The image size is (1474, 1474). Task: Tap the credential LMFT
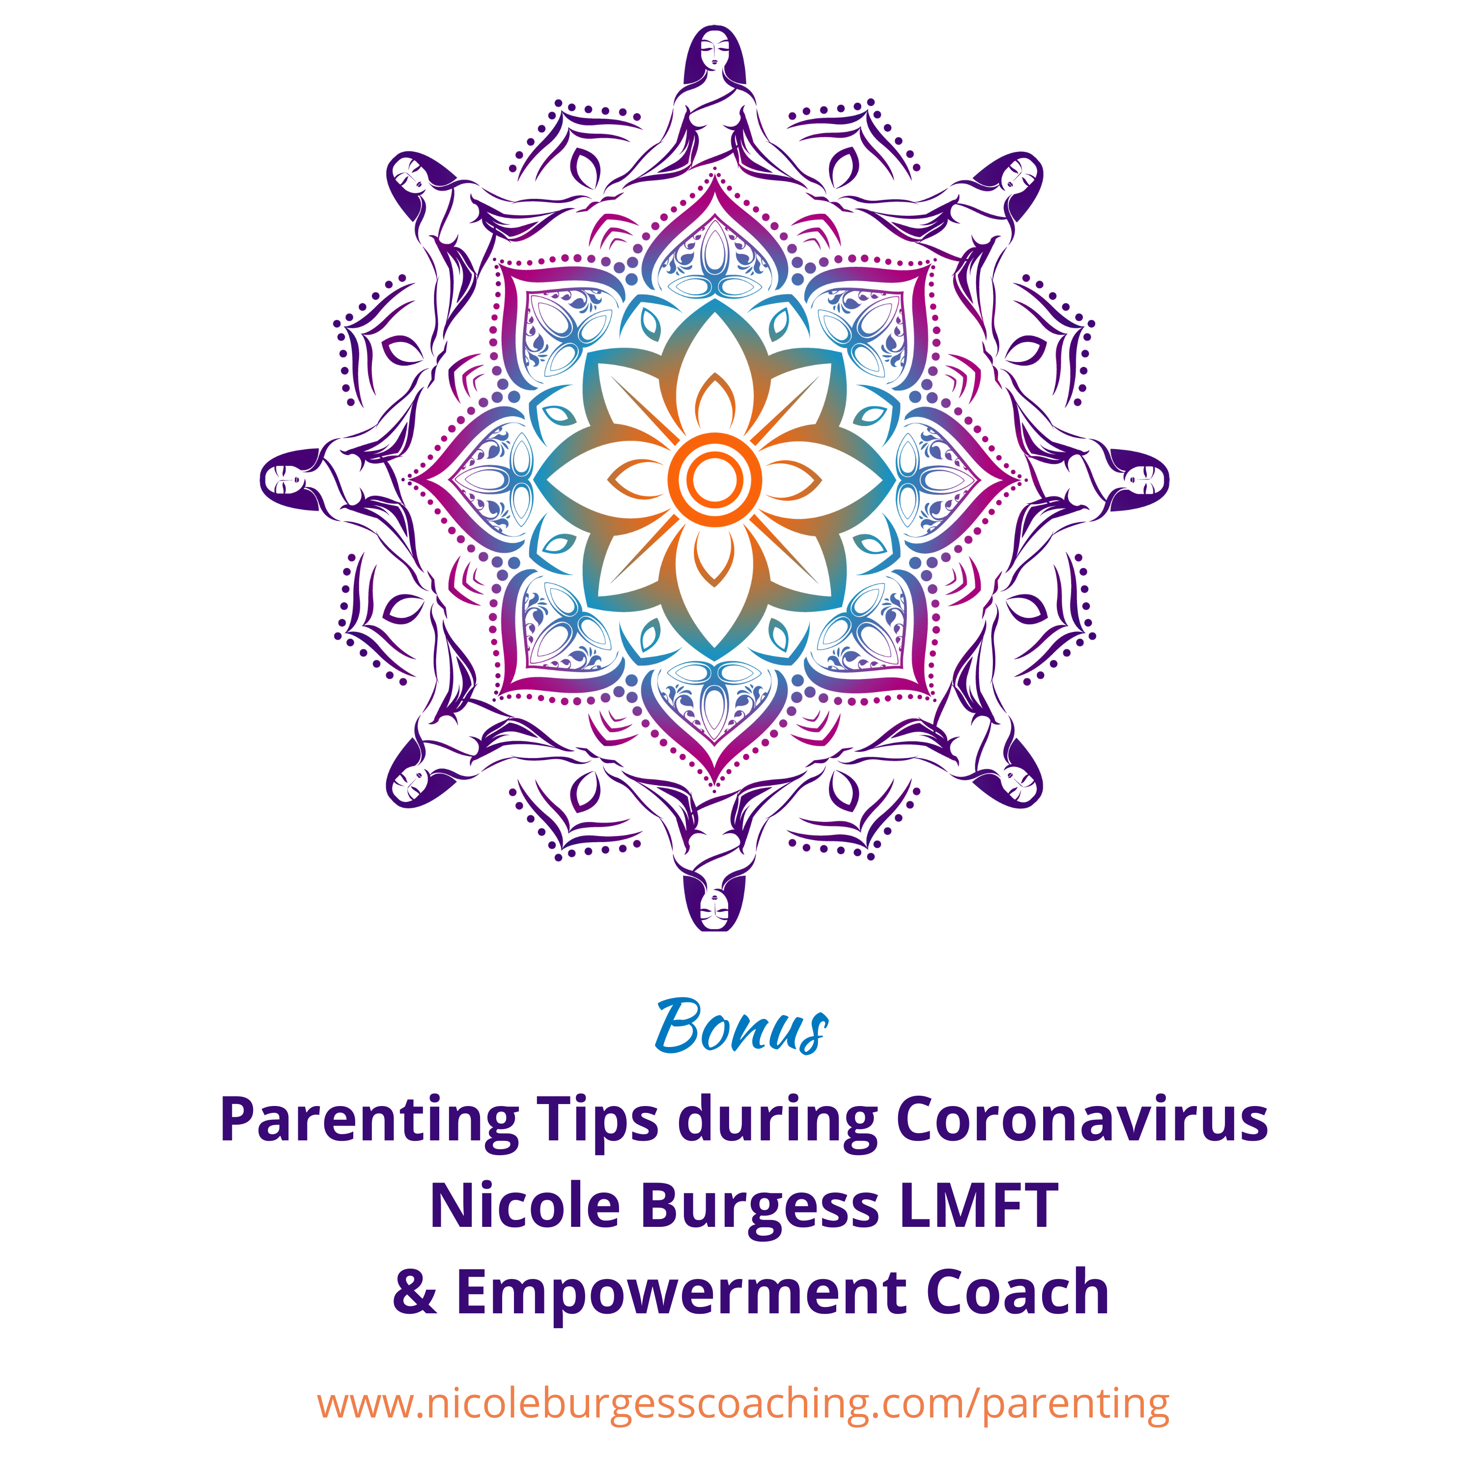[979, 1207]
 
